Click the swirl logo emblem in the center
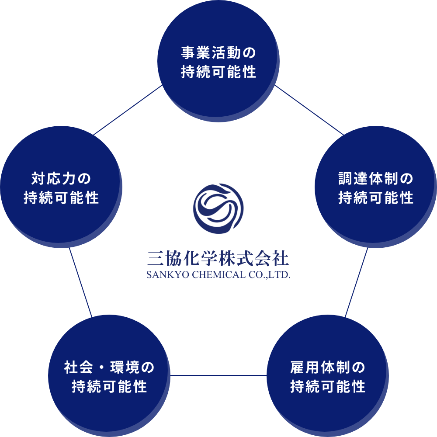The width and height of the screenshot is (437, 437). (x=218, y=208)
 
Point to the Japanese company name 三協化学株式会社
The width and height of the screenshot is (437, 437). (x=218, y=259)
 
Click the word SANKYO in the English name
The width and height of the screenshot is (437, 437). (x=162, y=276)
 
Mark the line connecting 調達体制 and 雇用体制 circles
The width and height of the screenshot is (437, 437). (x=357, y=282)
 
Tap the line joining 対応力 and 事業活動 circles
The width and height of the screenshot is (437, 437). (x=128, y=110)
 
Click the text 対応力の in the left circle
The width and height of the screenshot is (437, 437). (x=61, y=179)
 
